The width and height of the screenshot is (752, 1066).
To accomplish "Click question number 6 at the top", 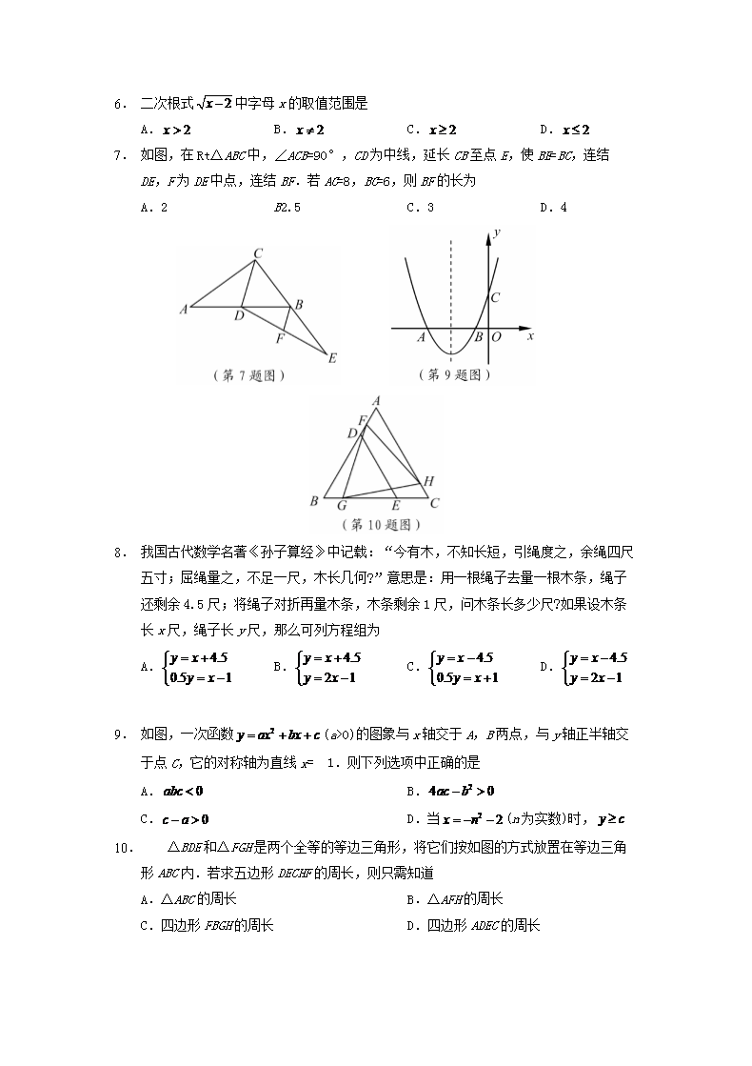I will pyautogui.click(x=119, y=104).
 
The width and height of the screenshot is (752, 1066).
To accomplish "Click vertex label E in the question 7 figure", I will pyautogui.click(x=332, y=359).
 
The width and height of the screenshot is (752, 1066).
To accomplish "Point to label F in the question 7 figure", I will pyautogui.click(x=279, y=338).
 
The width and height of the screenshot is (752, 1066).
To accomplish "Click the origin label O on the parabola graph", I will pyautogui.click(x=496, y=336).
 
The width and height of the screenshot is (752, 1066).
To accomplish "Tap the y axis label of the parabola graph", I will pyautogui.click(x=499, y=233).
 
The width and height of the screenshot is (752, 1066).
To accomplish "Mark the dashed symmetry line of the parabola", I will pyautogui.click(x=451, y=286).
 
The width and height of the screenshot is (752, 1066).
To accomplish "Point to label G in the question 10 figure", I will pyautogui.click(x=342, y=505).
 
